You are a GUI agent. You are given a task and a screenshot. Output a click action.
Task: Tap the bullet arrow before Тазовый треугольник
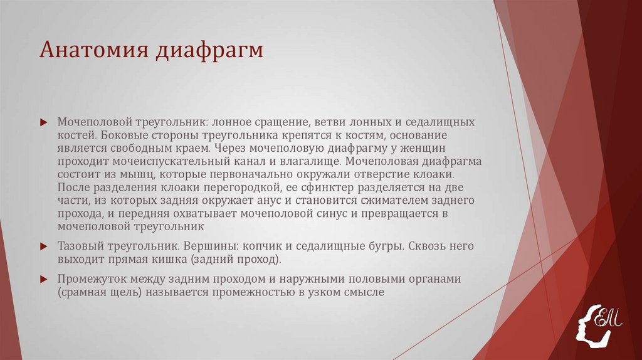pyautogui.click(x=43, y=246)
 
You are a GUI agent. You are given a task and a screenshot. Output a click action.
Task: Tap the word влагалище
pyautogui.click(x=298, y=161)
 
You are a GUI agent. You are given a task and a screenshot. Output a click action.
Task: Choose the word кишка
pyautogui.click(x=176, y=260)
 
